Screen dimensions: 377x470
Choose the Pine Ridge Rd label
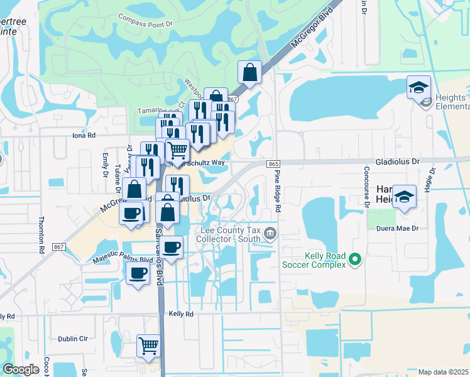pyautogui.click(x=278, y=195)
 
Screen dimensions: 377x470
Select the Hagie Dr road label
pyautogui.click(x=432, y=180)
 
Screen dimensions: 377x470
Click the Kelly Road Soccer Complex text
pyautogui.click(x=325, y=260)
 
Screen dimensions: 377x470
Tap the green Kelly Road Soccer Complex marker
pyautogui.click(x=355, y=259)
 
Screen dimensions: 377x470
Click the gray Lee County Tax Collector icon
pyautogui.click(x=270, y=234)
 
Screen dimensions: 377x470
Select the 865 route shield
pyautogui.click(x=273, y=164)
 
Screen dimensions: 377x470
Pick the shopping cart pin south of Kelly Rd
pyautogui.click(x=149, y=346)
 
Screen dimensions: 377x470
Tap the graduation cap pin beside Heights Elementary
pyautogui.click(x=418, y=88)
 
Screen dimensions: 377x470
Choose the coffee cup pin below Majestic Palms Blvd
pyautogui.click(x=138, y=274)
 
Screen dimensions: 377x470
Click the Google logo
pyautogui.click(x=21, y=370)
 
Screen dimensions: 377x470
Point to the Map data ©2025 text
pyautogui.click(x=443, y=372)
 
